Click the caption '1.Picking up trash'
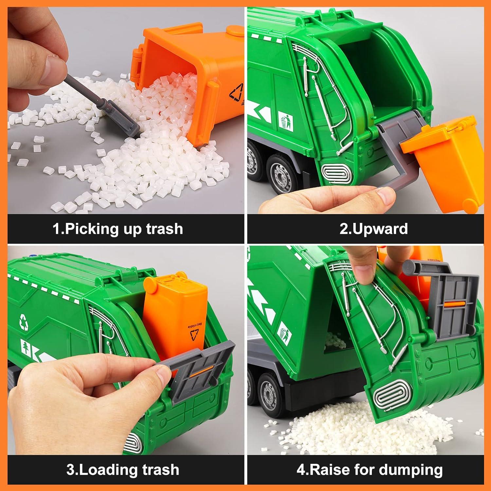point(118,228)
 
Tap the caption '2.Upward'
point(373,228)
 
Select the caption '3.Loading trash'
point(123,469)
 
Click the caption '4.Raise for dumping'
point(370,469)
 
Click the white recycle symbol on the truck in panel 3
point(24,321)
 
